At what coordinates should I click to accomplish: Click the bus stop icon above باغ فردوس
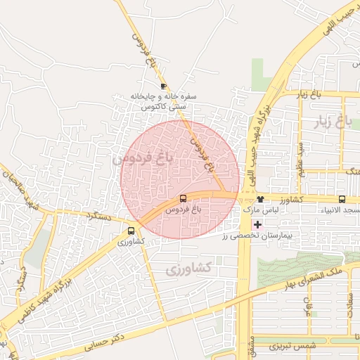click(184, 199)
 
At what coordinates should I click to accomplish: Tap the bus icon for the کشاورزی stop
click(131, 231)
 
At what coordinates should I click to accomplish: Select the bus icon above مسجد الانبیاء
click(342, 199)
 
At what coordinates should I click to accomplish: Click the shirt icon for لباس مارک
click(259, 199)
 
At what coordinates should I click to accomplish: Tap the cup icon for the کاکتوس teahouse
click(163, 86)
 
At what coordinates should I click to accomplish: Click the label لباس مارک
click(262, 210)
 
